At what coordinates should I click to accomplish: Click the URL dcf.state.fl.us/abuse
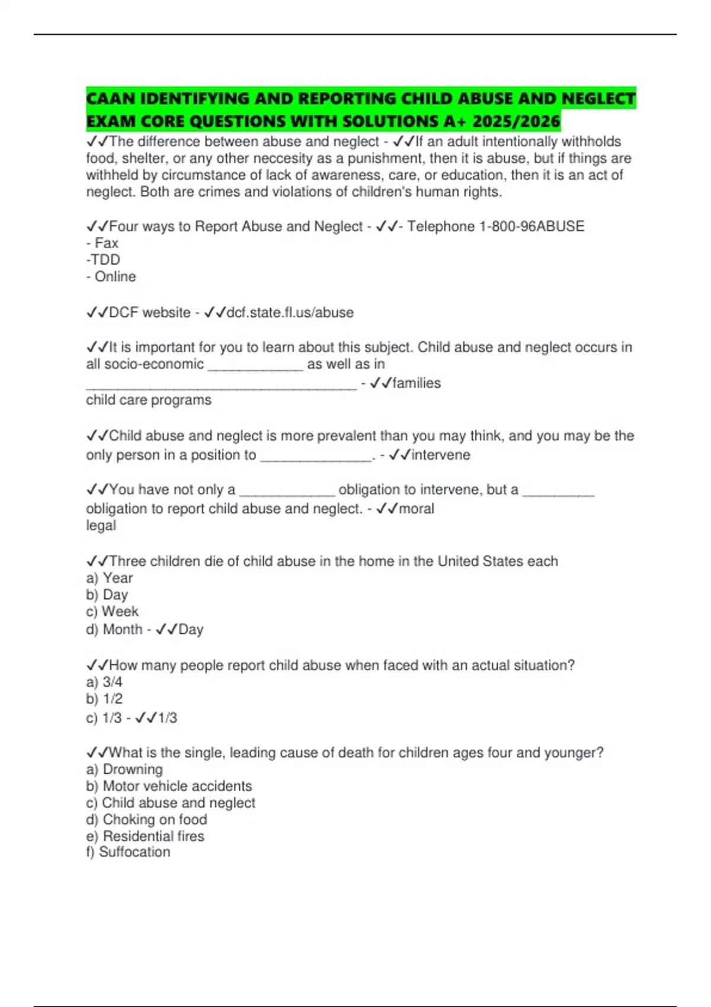290,312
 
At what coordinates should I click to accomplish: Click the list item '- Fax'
103,243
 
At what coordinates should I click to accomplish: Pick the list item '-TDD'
103,259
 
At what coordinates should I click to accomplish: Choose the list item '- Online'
111,277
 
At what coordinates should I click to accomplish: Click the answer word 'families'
417,383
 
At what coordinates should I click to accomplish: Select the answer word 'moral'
417,508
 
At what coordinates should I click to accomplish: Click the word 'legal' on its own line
101,525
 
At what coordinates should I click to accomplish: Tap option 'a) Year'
110,578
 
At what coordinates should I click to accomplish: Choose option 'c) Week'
112,611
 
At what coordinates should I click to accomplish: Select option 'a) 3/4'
104,682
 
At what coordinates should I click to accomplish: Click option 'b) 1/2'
104,698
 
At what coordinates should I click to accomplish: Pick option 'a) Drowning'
124,769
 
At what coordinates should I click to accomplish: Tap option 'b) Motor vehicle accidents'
169,786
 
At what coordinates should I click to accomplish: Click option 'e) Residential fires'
145,836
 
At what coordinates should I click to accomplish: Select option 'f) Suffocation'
128,852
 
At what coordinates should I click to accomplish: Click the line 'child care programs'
149,400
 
